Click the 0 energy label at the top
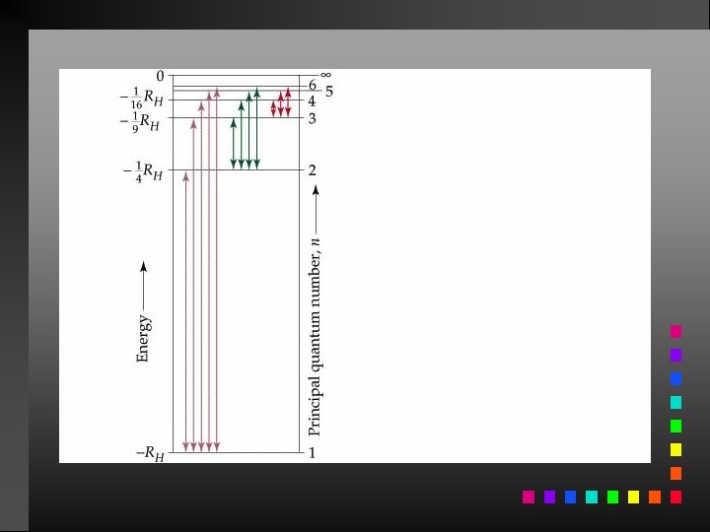pos(160,76)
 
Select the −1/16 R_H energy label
pos(141,99)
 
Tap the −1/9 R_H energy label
pos(139,122)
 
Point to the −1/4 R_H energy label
pos(143,171)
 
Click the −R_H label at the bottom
pos(150,453)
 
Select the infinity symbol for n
pos(326,75)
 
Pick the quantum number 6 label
pos(313,85)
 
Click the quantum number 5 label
pos(329,92)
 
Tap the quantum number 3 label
pos(312,118)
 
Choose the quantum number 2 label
pos(312,170)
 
